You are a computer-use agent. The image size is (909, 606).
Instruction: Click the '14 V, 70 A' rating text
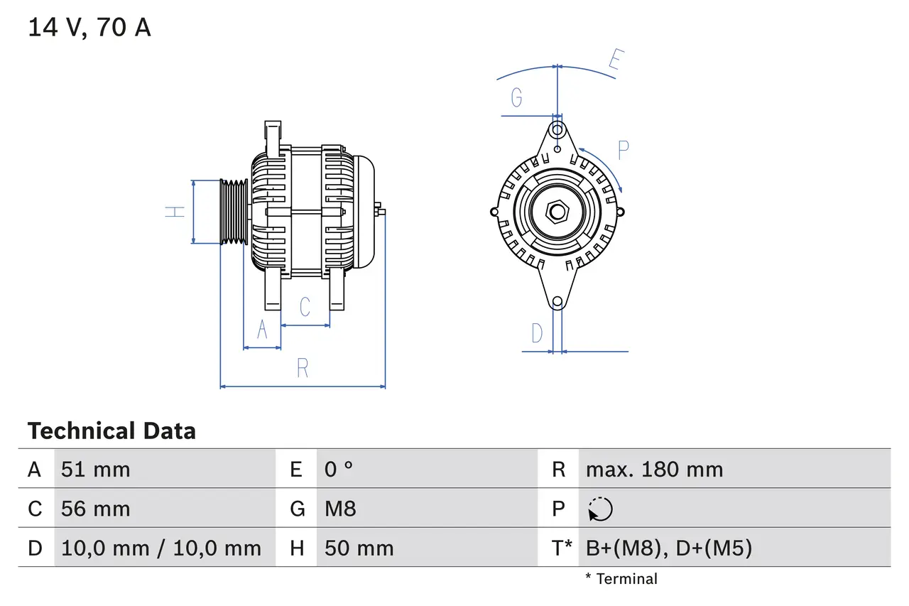coord(89,28)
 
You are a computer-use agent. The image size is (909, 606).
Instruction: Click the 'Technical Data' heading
coord(111,431)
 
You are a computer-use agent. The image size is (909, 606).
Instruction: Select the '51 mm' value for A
coord(96,470)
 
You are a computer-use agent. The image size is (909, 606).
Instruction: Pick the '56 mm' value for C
coord(96,509)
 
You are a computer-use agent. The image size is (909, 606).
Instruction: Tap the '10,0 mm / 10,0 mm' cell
coord(161,548)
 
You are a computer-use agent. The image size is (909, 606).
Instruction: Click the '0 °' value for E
coord(339,470)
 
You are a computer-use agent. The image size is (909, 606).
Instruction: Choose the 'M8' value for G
coord(340,509)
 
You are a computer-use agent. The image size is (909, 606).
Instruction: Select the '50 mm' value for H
coord(359,548)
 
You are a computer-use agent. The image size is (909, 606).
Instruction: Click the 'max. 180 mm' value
coord(654,470)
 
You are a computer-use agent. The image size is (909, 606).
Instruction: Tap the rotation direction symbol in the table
coord(600,509)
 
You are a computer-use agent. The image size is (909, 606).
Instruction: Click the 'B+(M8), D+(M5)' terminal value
coord(668,548)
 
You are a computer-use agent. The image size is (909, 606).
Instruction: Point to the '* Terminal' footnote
coord(621,579)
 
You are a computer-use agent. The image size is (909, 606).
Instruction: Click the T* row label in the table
coord(562,548)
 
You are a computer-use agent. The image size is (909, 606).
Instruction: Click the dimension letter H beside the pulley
coord(175,212)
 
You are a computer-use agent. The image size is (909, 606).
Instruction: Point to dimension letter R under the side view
coord(303,368)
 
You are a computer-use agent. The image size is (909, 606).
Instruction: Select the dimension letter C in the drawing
coord(305,307)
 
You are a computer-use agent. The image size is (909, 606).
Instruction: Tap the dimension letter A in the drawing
coord(262,330)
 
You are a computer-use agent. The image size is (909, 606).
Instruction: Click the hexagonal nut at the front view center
coord(557,212)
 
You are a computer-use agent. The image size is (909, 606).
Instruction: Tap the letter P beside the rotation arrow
coord(623,150)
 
